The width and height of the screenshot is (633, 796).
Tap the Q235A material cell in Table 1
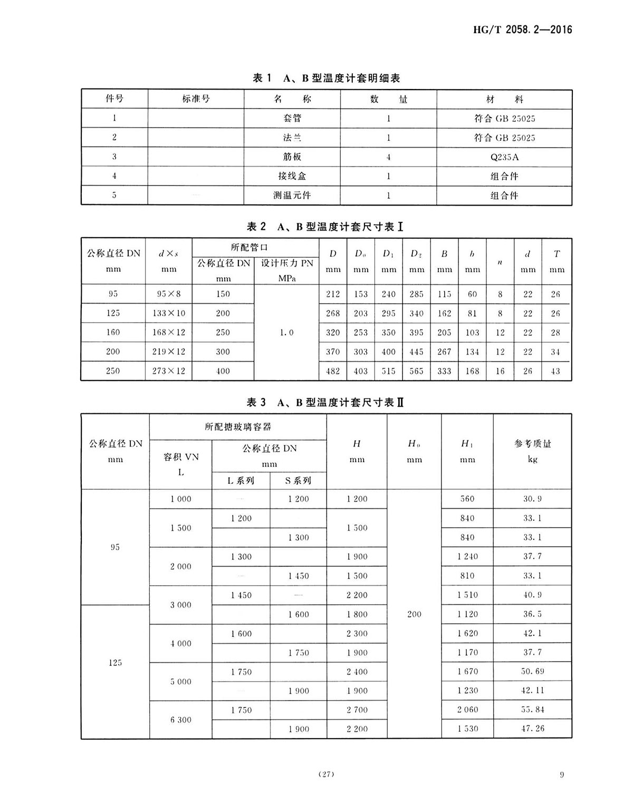[504, 157]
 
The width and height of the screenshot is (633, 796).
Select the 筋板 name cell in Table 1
[292, 157]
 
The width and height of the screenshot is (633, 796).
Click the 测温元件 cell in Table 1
[292, 196]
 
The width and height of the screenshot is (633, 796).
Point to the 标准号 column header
[196, 99]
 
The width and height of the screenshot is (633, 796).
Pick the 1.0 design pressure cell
[286, 333]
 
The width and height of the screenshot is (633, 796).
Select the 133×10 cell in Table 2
[169, 314]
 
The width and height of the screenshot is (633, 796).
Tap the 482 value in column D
[333, 371]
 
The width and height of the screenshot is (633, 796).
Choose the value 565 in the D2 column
[416, 371]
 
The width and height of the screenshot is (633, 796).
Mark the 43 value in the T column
[555, 371]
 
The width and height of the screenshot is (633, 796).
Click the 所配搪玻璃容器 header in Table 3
[238, 427]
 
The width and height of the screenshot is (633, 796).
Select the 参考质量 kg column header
[532, 451]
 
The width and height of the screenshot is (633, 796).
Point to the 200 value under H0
[414, 614]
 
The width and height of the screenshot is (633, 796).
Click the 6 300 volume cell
[181, 720]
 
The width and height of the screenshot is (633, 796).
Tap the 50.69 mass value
[532, 672]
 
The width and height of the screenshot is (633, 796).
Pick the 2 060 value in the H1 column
[467, 710]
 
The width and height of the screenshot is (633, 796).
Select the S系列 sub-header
[298, 481]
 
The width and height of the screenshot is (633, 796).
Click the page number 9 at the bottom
[562, 774]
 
